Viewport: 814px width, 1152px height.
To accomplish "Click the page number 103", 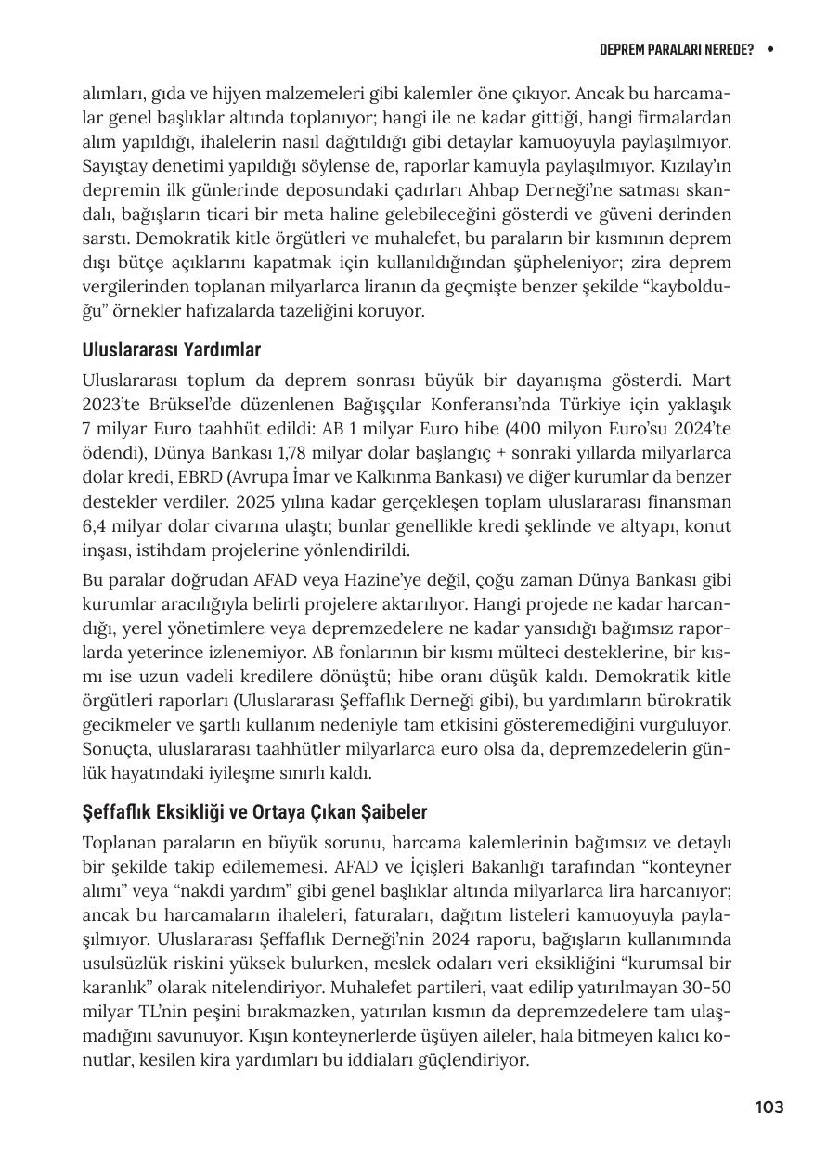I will pyautogui.click(x=769, y=1107).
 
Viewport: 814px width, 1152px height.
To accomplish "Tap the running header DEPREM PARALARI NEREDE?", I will pyautogui.click(x=676, y=49).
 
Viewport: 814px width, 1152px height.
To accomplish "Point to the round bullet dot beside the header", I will pyautogui.click(x=770, y=49).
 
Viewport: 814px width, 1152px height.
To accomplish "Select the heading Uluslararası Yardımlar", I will pyautogui.click(x=171, y=350).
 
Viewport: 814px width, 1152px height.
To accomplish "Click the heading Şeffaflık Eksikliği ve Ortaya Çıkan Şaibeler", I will pyautogui.click(x=254, y=812).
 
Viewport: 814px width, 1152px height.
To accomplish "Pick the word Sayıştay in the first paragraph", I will pyautogui.click(x=113, y=166).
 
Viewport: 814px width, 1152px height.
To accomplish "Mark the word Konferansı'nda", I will pyautogui.click(x=544, y=406).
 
